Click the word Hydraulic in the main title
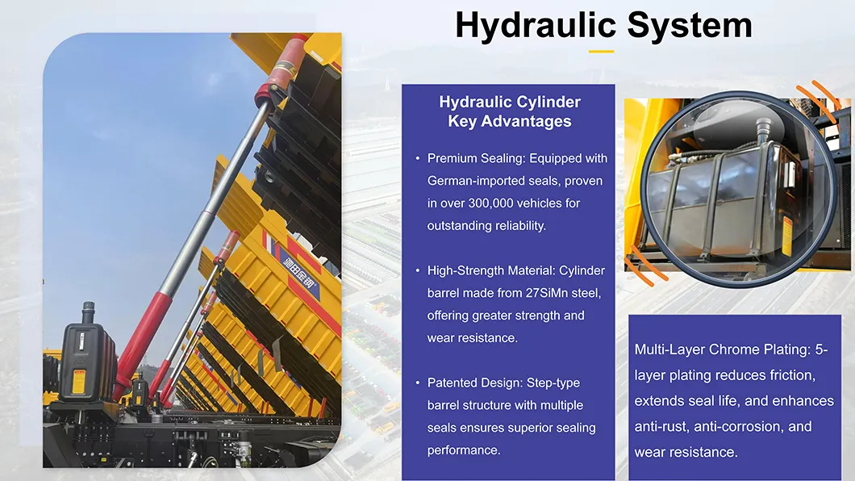(535, 25)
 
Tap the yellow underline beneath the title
(601, 51)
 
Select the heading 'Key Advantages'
(510, 122)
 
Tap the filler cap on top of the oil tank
(761, 128)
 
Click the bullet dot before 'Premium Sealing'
(417, 158)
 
